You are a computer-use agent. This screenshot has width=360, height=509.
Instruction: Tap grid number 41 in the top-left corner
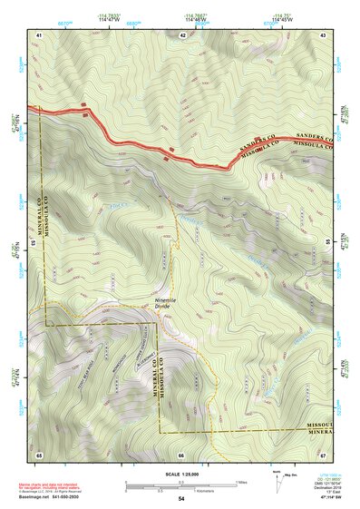[39, 34]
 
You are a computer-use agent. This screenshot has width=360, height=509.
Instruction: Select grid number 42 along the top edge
[182, 34]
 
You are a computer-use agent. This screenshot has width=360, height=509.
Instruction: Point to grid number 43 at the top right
[324, 34]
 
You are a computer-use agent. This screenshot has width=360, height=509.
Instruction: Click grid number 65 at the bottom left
[39, 454]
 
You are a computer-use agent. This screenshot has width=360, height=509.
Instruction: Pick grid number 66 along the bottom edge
[181, 454]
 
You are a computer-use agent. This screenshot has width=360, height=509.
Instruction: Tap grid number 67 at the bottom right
[324, 454]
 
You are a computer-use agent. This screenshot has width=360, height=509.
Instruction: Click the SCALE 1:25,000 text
[181, 475]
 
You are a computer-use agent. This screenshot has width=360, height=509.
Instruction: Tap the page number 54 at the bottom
[181, 499]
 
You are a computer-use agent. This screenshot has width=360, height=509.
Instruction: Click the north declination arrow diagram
[277, 486]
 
